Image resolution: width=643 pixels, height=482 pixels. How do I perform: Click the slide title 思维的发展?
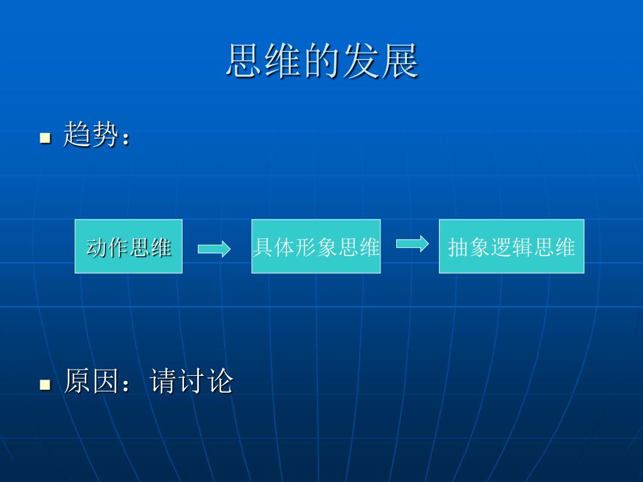pyautogui.click(x=322, y=62)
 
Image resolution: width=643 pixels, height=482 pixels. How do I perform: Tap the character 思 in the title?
pyautogui.click(x=245, y=62)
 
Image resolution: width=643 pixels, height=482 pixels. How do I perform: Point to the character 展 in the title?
pyautogui.click(x=399, y=62)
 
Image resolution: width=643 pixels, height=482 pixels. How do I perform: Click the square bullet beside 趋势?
pyautogui.click(x=45, y=137)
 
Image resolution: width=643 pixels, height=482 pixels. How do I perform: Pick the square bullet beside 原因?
pyautogui.click(x=45, y=384)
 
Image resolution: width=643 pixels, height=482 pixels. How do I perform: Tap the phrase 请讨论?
pyautogui.click(x=192, y=382)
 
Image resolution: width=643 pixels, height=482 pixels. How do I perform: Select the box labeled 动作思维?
pyautogui.click(x=129, y=246)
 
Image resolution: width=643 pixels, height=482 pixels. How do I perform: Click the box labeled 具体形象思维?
pyautogui.click(x=316, y=246)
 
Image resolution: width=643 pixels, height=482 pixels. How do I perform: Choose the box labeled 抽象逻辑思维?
pyautogui.click(x=511, y=246)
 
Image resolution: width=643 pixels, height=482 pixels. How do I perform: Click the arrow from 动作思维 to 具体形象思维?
pyautogui.click(x=214, y=250)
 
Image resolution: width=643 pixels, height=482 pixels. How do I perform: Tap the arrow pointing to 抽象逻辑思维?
pyautogui.click(x=413, y=244)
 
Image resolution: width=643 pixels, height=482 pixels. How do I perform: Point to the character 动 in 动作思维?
pyautogui.click(x=97, y=247)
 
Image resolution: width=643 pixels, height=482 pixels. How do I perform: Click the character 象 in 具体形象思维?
pyautogui.click(x=329, y=247)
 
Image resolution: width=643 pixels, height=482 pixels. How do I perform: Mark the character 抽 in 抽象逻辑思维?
pyautogui.click(x=458, y=248)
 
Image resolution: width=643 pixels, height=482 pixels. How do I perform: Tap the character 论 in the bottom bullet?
pyautogui.click(x=220, y=382)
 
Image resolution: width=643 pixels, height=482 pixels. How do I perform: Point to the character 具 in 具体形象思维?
pyautogui.click(x=262, y=247)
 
